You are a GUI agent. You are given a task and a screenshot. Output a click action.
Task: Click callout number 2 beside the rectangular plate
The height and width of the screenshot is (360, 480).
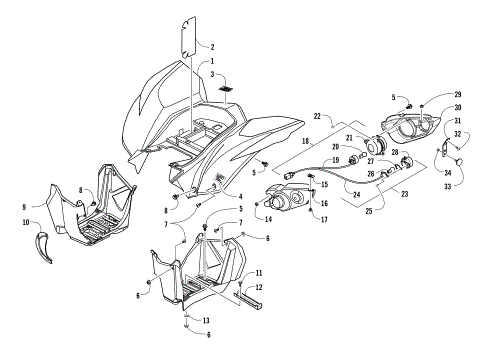(213, 46)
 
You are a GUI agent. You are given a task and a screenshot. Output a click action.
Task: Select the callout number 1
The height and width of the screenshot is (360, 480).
(213, 61)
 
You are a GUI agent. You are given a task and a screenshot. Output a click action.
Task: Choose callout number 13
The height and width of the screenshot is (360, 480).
(206, 320)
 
